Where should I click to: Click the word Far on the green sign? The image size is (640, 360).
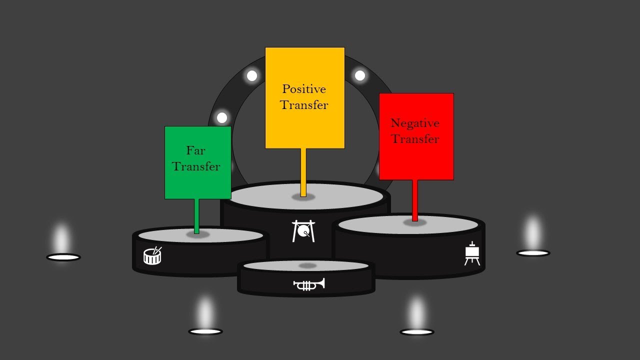(195, 150)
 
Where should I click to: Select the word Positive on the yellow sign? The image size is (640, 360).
(304, 89)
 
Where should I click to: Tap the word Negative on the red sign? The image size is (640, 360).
(415, 123)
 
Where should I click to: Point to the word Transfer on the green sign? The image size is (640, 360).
(196, 166)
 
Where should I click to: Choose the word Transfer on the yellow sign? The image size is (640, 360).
(304, 105)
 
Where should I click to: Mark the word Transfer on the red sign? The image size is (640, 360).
(415, 139)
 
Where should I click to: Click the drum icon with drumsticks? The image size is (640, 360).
(152, 255)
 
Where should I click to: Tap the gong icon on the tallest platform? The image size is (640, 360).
(303, 231)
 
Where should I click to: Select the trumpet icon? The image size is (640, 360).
(309, 284)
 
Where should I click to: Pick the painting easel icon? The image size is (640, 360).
(472, 253)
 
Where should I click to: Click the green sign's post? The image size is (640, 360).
(196, 216)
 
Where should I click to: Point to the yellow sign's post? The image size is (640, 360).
(303, 172)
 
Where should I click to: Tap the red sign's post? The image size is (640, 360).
(415, 200)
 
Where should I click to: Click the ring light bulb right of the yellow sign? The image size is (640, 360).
(360, 75)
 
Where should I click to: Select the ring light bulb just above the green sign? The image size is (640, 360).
(222, 117)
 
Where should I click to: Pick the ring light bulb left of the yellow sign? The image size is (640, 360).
(251, 76)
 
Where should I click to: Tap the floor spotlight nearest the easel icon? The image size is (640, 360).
(533, 253)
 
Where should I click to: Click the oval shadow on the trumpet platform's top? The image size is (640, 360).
(307, 265)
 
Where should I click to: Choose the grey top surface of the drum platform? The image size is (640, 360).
(200, 235)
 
